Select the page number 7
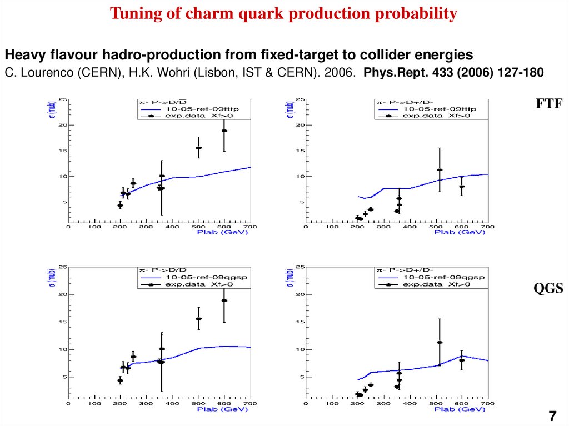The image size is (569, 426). coord(552,416)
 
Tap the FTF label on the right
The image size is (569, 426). coord(549,104)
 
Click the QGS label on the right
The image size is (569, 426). coord(549,288)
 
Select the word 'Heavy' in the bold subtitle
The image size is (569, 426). coord(23,55)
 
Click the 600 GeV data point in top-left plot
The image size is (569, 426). coord(224,131)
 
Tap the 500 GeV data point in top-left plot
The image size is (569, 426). coord(198,148)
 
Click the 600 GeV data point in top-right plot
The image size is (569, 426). coord(461,187)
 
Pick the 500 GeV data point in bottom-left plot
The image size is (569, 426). coord(198,319)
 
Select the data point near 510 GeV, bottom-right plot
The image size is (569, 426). coord(440,342)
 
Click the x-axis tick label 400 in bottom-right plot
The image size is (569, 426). coord(410,403)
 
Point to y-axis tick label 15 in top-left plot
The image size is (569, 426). coord(64,151)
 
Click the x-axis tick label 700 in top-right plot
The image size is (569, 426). coord(487,227)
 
